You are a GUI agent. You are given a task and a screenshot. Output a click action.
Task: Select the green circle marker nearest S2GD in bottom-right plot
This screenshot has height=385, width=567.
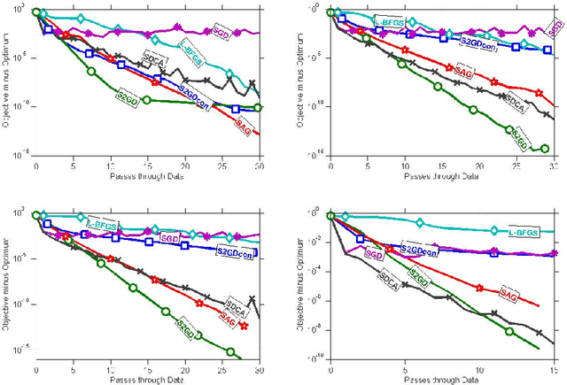(x=509, y=332)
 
